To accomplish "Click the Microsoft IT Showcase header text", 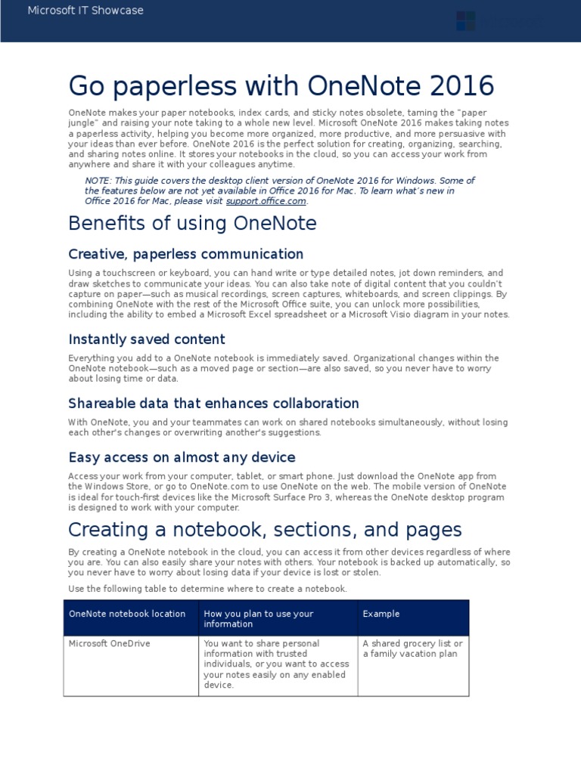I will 85,11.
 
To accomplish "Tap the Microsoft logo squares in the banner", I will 466,21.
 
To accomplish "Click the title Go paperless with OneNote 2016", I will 281,86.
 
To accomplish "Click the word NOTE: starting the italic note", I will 98,181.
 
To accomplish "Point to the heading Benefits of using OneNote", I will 192,224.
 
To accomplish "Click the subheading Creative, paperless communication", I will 185,254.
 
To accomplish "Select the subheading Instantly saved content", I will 147,339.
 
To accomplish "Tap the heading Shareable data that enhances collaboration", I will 213,404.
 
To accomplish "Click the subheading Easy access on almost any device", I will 182,457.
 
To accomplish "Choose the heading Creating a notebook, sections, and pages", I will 265,529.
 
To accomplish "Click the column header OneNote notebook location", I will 127,614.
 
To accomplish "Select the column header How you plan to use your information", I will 259,618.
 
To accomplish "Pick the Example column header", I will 381,614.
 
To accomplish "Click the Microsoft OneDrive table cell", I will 109,643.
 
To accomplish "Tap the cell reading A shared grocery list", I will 412,648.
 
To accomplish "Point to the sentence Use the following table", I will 207,588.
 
